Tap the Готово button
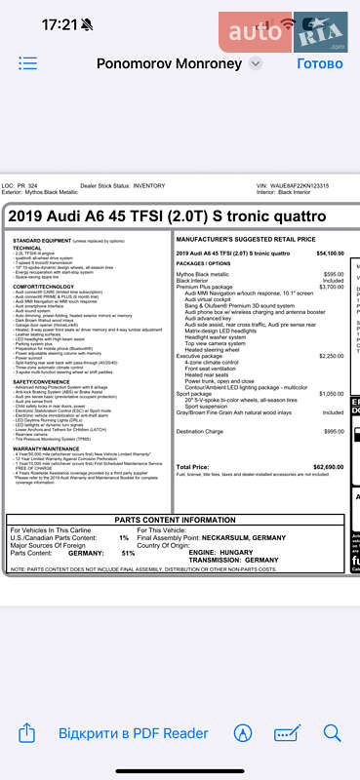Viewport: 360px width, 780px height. [319, 63]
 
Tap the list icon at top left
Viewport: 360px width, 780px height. [27, 63]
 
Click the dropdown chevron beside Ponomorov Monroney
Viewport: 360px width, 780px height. [256, 63]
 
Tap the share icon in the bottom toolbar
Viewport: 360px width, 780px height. [27, 733]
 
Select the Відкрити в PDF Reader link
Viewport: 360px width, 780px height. [133, 733]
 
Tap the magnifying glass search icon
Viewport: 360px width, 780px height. [333, 733]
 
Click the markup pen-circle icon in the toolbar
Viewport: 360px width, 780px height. [244, 733]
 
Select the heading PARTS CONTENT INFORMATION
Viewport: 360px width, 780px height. [176, 521]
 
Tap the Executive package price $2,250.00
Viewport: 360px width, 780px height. [331, 357]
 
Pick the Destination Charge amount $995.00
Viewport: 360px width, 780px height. [334, 431]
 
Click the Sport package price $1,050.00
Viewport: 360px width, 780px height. [331, 393]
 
